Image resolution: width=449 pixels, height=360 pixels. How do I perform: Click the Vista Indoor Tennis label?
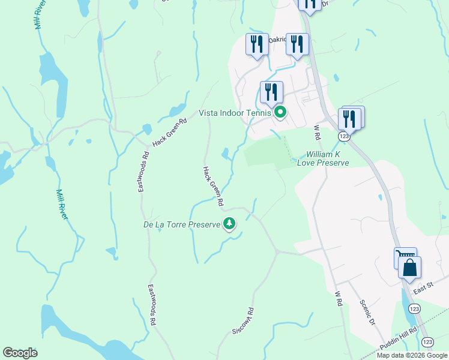pos(236,113)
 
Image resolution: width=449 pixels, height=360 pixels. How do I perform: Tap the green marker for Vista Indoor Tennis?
pos(280,112)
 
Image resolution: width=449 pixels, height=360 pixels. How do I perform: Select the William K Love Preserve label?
pos(327,158)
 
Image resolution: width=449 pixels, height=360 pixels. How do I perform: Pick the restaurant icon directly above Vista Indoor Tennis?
pos(271,92)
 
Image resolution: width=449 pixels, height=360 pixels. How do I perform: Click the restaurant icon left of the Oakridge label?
pos(257,44)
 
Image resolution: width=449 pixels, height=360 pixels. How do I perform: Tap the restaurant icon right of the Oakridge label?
pos(297,44)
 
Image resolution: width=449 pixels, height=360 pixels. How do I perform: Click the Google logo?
pos(20,353)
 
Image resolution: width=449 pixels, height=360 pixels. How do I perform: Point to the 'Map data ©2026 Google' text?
pos(412,355)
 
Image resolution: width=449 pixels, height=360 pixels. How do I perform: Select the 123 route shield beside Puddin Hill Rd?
pos(427,341)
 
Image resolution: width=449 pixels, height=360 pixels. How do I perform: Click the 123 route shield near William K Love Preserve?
pos(343,137)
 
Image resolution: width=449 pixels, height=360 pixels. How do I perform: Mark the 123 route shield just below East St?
pos(413,308)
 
